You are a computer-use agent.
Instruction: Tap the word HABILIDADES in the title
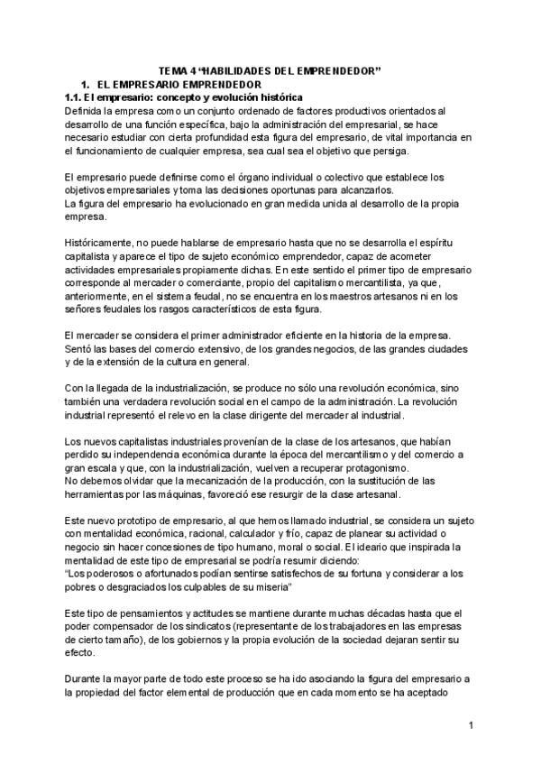pyautogui.click(x=239, y=70)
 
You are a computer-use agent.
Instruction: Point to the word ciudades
pyautogui.click(x=445, y=349)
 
